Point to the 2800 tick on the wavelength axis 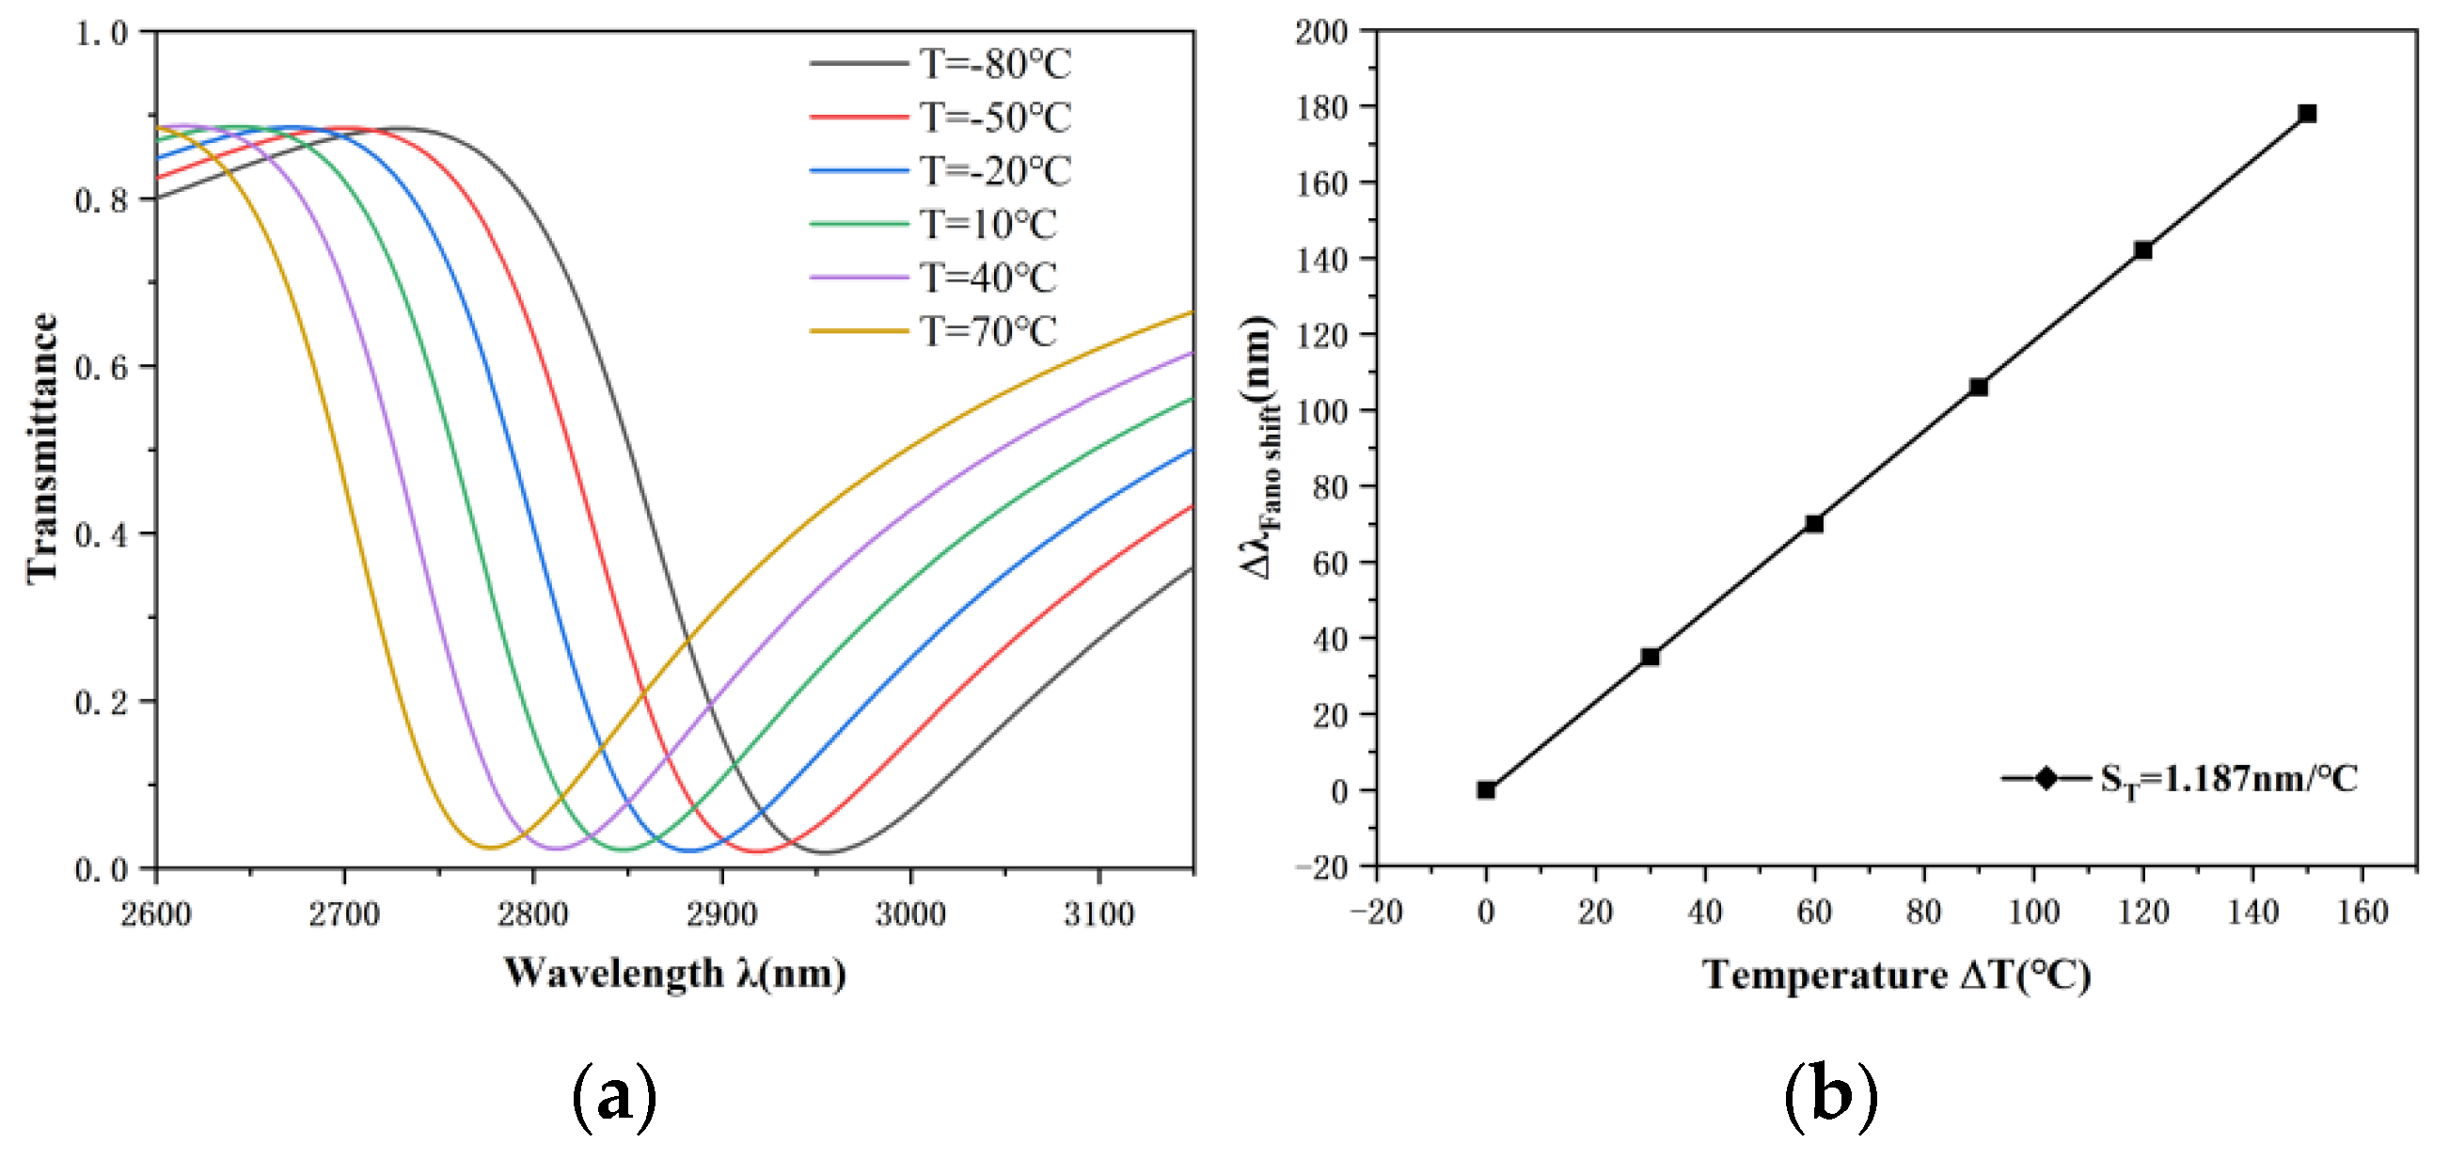[532, 914]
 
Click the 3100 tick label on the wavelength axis [1098, 914]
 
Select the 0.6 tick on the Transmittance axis [101, 367]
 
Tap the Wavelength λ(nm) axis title [674, 974]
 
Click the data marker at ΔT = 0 [1486, 790]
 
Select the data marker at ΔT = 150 [2307, 114]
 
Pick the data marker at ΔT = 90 [1979, 387]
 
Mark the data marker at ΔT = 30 [1651, 657]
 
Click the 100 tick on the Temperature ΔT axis [2032, 912]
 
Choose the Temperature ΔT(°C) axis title [1896, 976]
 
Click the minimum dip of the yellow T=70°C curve [491, 847]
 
